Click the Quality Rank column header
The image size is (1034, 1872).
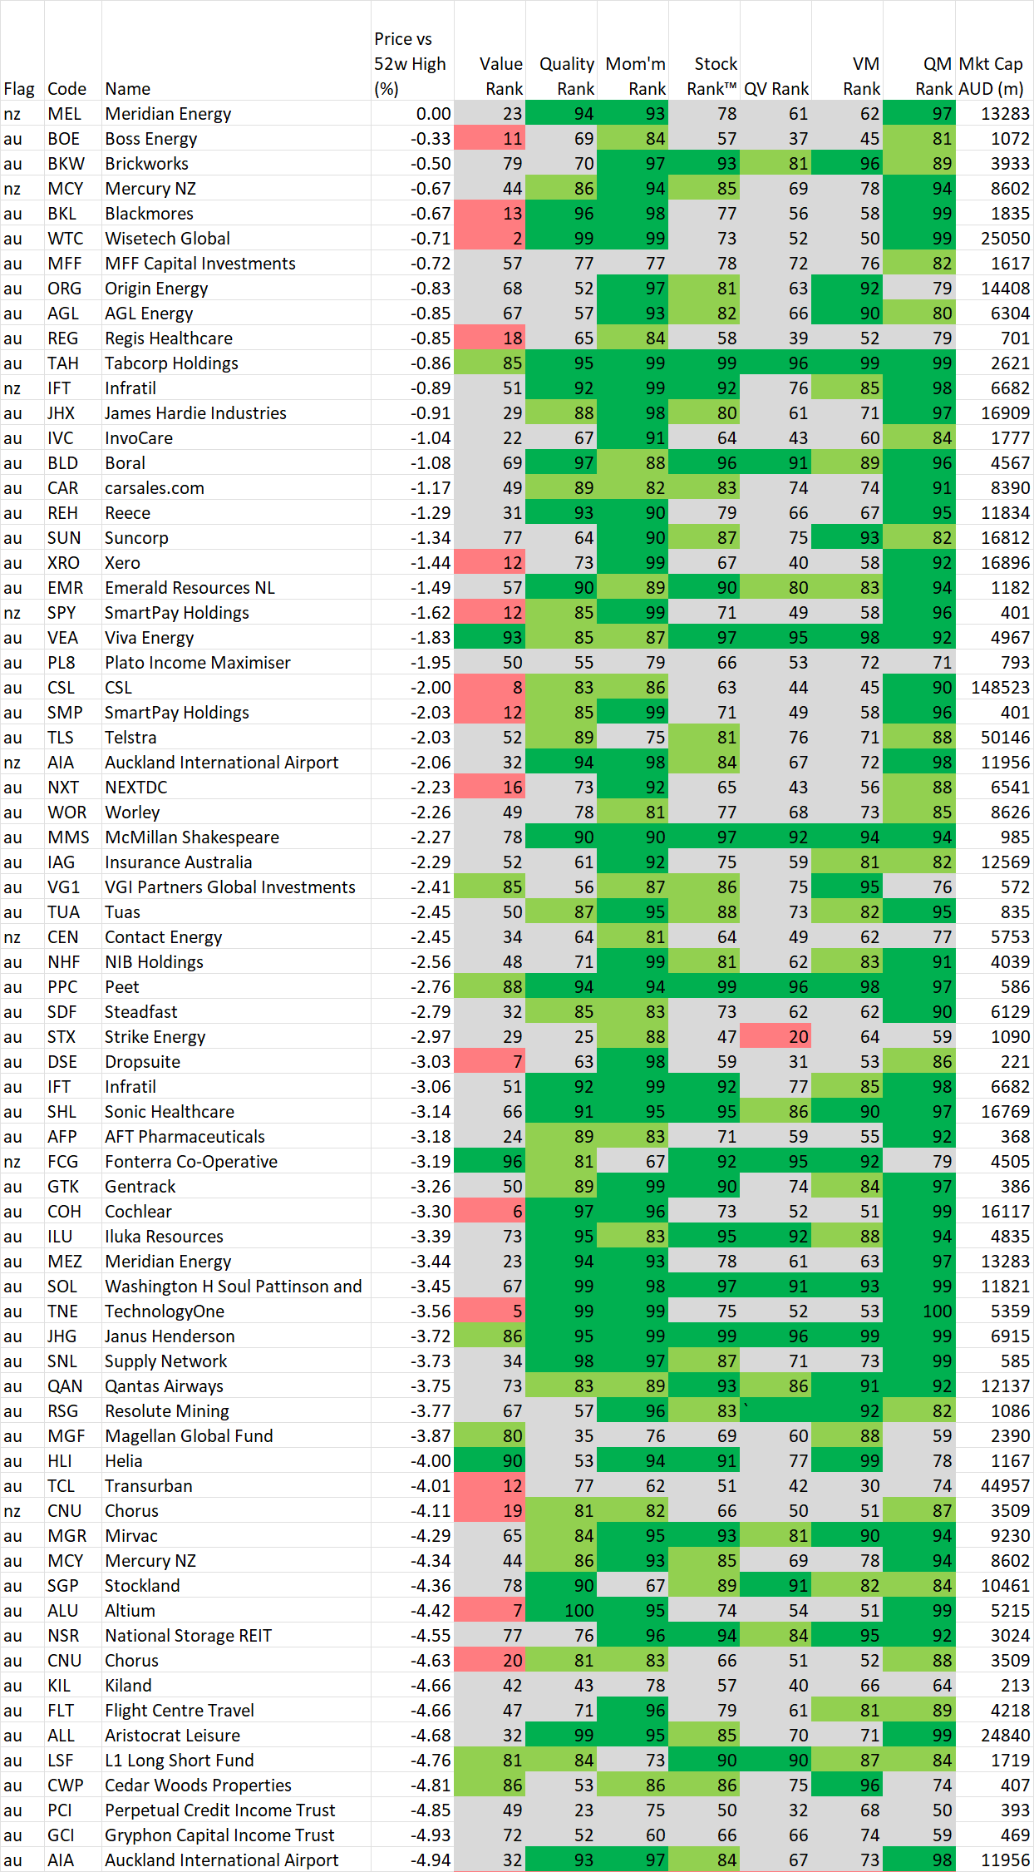tap(567, 76)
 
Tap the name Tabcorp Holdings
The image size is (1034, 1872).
tap(171, 363)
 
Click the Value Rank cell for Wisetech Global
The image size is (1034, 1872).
tap(490, 239)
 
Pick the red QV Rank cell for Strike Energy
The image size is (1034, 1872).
tap(775, 1037)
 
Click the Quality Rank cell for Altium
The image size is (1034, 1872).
tap(562, 1611)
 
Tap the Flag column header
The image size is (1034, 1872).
tap(19, 89)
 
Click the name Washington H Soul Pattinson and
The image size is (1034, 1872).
tap(233, 1287)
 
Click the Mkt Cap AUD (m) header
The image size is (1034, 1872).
tap(992, 76)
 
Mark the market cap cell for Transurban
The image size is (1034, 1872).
tap(994, 1486)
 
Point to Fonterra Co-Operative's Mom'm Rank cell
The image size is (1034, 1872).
tap(633, 1162)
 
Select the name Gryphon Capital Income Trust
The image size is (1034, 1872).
tap(219, 1835)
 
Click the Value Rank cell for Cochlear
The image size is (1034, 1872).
tap(490, 1212)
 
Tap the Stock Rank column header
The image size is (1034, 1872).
tap(711, 76)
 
